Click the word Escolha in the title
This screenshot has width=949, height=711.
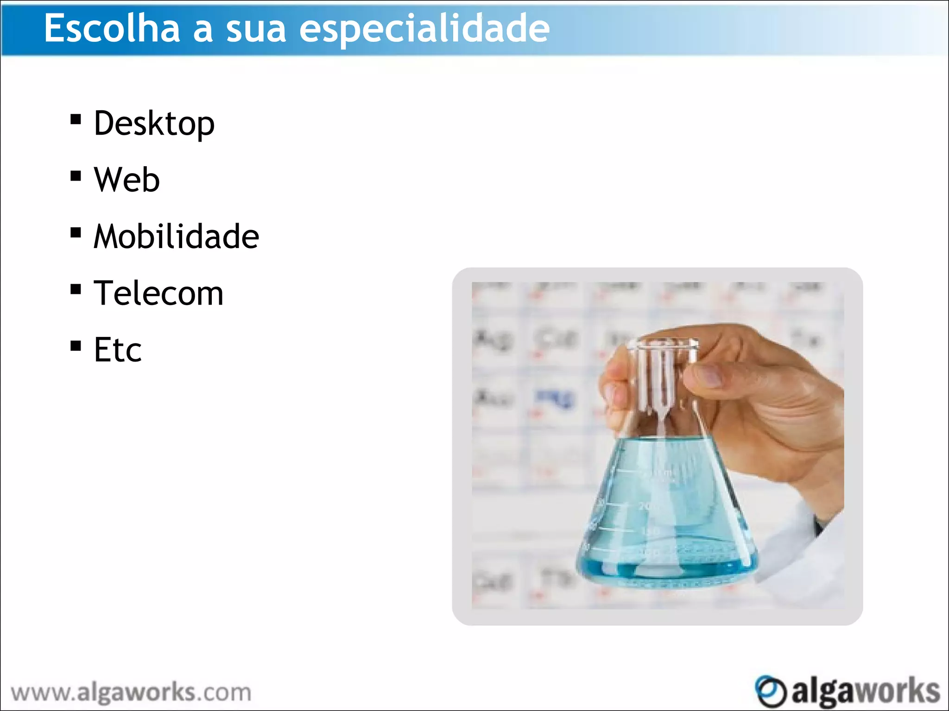112,29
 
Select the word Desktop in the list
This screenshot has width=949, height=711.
154,124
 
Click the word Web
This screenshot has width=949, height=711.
127,180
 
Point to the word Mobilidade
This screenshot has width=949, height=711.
176,236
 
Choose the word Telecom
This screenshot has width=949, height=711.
158,293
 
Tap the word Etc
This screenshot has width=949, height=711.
118,349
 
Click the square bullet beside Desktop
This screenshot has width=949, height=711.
76,120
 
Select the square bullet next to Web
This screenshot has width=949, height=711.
76,176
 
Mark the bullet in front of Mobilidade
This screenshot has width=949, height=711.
76,232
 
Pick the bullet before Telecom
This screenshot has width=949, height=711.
76,289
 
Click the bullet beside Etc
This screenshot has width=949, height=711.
76,346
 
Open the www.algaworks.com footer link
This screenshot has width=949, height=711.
131,693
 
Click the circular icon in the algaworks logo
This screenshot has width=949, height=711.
770,691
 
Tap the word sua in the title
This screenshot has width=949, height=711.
256,29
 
